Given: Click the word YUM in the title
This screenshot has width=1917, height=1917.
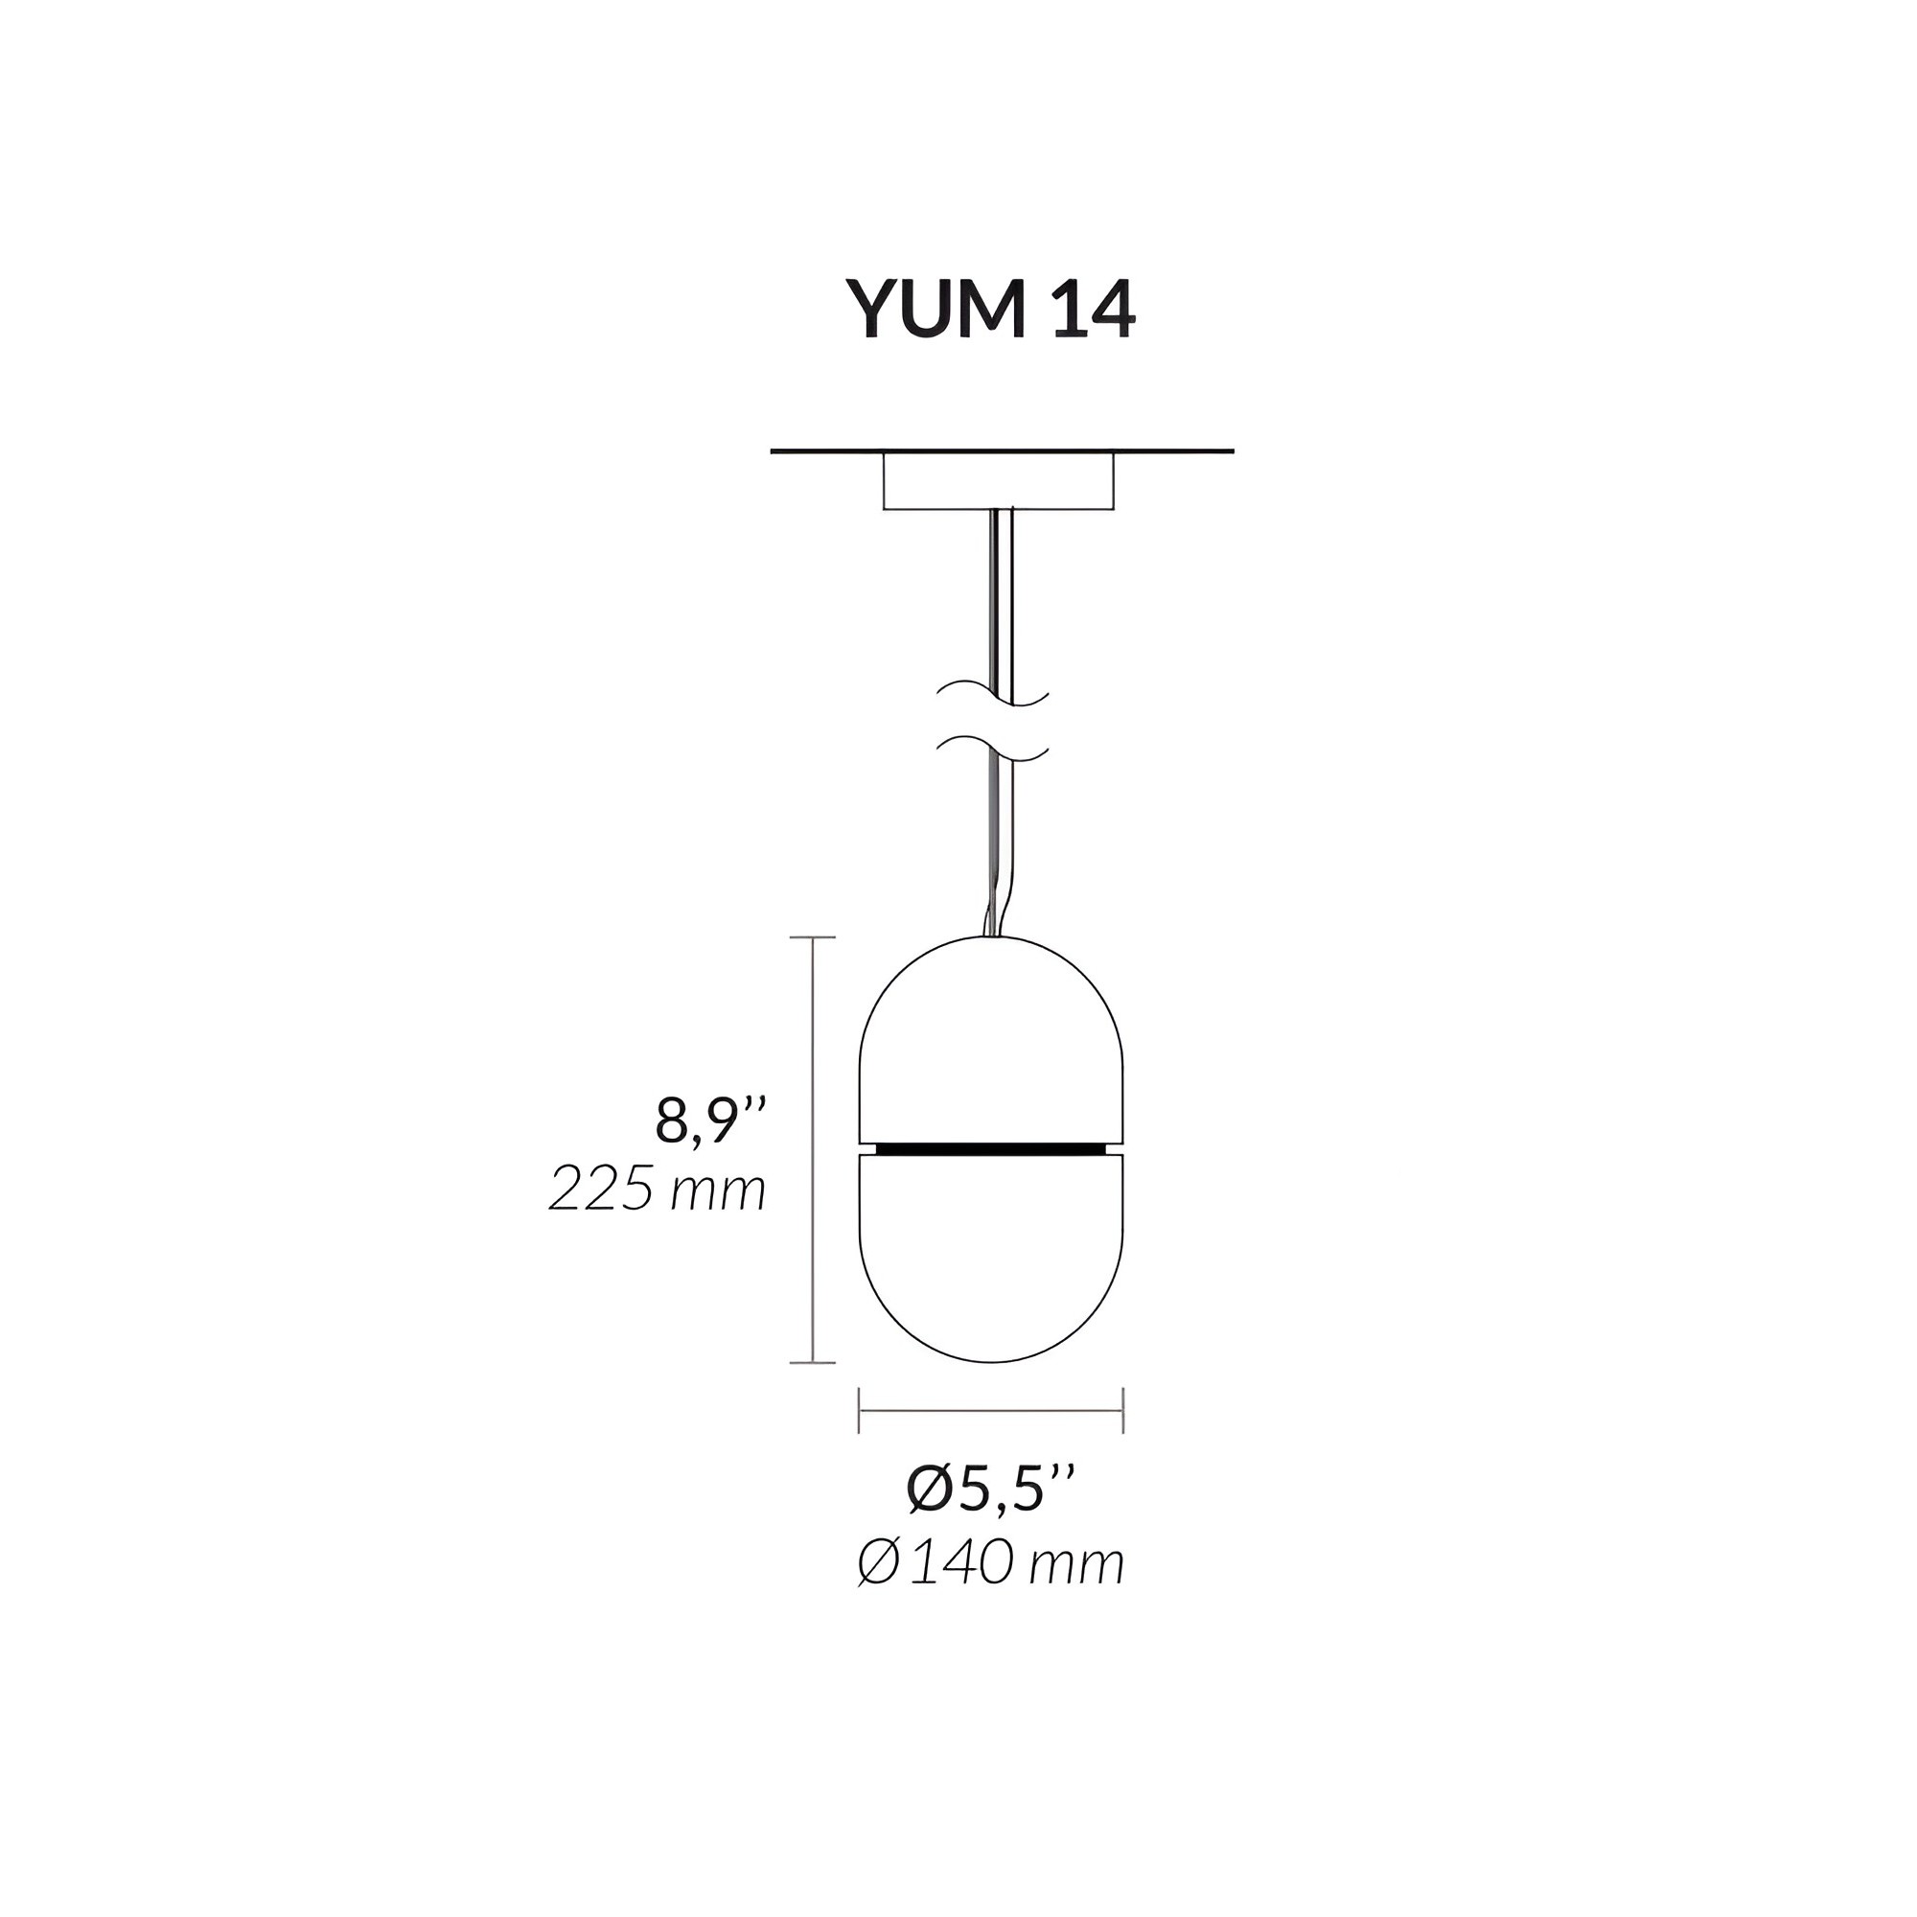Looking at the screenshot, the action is [935, 309].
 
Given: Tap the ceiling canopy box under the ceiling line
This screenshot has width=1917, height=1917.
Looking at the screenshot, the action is [998, 481].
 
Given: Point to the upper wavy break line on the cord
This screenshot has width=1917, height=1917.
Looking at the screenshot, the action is [993, 694].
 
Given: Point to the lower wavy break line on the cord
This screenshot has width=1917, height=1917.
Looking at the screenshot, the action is [993, 750].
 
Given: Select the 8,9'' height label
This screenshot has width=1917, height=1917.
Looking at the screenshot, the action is [711, 1121].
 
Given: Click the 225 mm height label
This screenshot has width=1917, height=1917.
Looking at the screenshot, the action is [658, 1189].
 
